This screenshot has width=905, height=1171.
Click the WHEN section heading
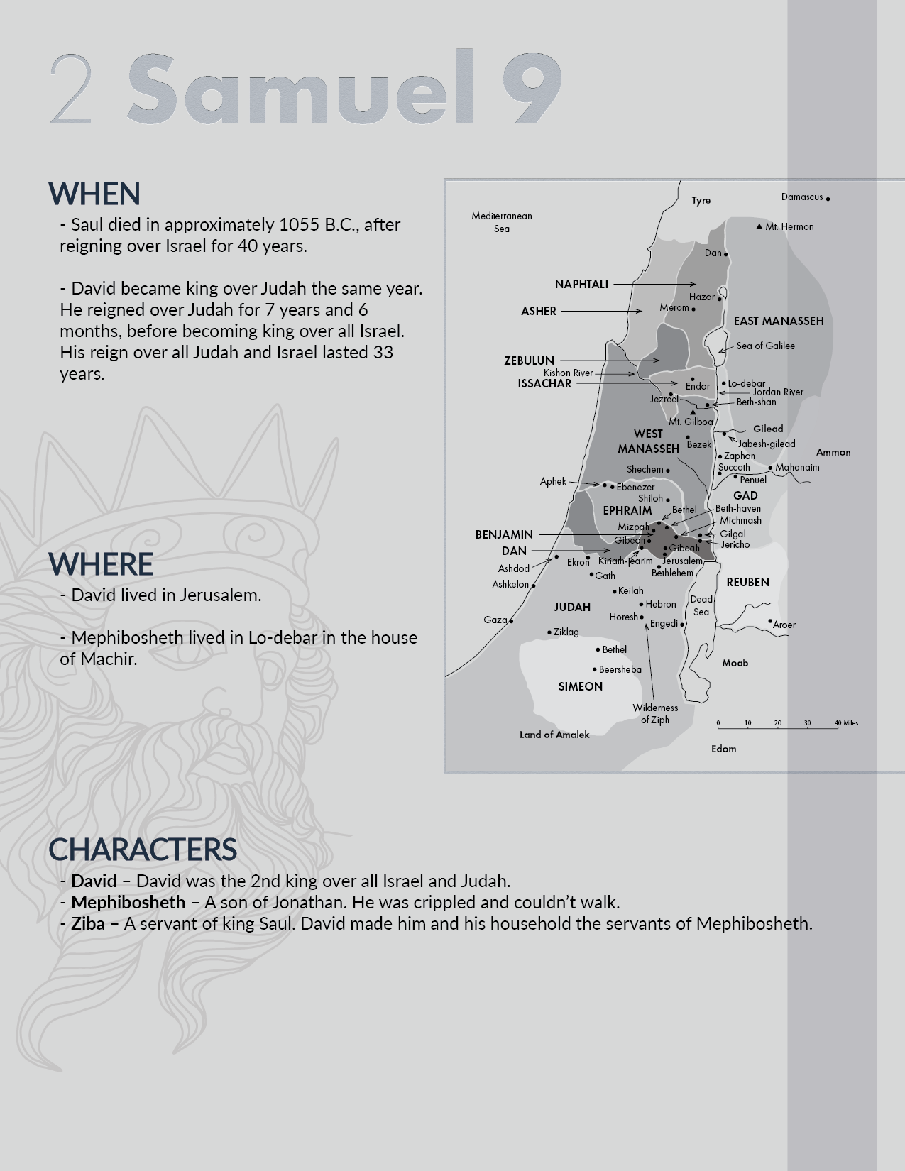94,194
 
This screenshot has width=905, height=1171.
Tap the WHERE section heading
101,564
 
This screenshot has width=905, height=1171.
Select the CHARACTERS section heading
143,850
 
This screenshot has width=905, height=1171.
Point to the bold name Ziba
88,923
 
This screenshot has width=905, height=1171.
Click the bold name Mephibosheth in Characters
128,902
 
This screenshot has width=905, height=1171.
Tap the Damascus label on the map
802,197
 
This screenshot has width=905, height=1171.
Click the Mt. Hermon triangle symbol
759,226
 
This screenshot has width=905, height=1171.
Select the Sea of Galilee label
765,346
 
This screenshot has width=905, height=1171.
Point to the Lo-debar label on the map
746,383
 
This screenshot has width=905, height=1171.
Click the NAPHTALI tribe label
581,284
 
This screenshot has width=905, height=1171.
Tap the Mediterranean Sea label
502,222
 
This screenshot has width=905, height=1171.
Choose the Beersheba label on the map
620,669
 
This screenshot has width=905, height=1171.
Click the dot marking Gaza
511,621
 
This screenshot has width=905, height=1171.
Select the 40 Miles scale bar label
846,723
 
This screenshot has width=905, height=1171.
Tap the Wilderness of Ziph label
655,713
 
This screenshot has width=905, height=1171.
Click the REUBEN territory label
747,582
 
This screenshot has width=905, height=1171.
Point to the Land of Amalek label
554,735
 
